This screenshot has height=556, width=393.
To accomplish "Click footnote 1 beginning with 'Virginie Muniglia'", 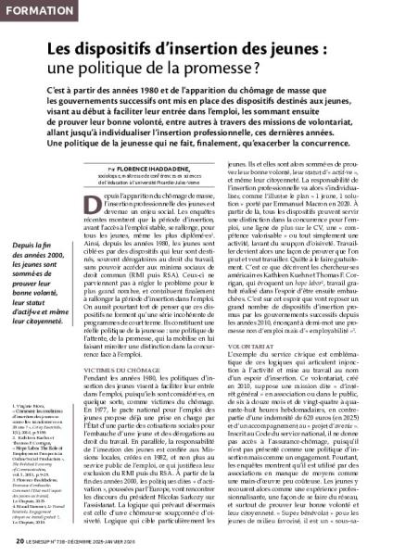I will click(x=37, y=407).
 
